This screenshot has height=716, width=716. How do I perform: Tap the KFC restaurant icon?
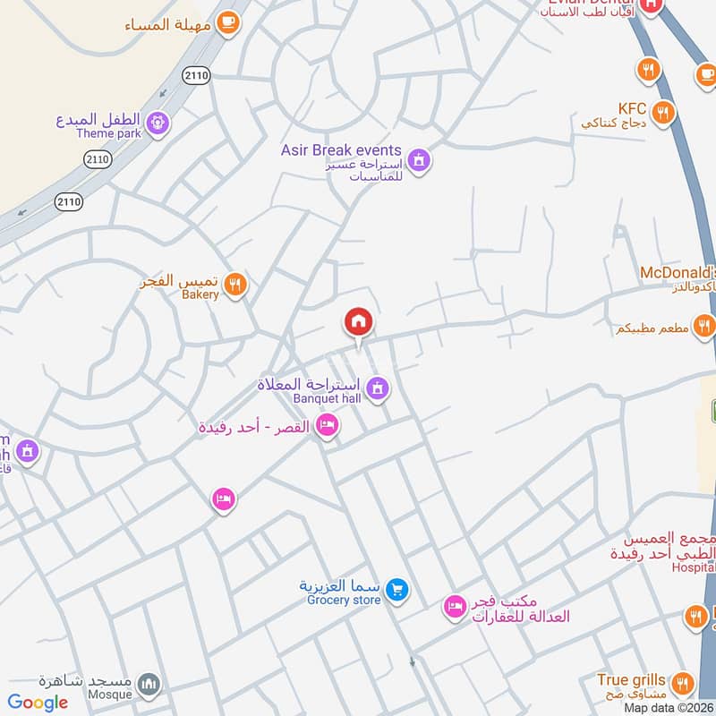[x=662, y=112]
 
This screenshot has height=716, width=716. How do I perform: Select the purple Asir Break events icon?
[x=417, y=161]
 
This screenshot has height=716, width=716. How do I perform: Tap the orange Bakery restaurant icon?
[x=234, y=285]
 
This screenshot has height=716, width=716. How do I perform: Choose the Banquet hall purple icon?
[x=378, y=388]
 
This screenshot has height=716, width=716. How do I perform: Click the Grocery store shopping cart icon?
[x=399, y=590]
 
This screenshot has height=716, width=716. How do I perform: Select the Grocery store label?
[x=344, y=600]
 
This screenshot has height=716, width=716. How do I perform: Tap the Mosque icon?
[x=150, y=686]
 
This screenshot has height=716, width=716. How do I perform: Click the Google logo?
[x=38, y=703]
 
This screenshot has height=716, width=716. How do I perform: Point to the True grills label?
[x=632, y=680]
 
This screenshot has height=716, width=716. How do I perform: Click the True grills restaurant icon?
[x=682, y=684]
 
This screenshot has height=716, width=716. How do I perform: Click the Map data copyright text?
[x=669, y=707]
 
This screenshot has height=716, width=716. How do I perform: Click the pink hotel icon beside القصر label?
[x=328, y=425]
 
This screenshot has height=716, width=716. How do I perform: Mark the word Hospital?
[x=694, y=567]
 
